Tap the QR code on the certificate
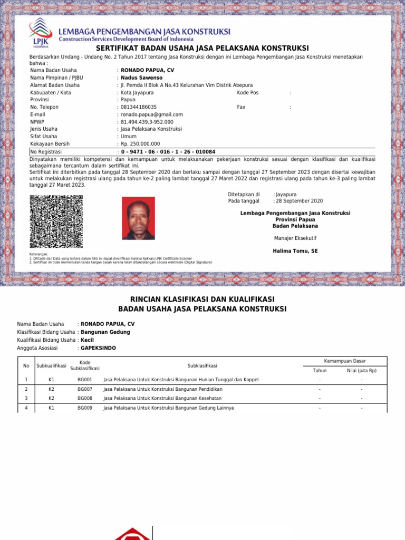(56, 221)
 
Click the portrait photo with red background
(138, 218)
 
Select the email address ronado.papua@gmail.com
(152, 114)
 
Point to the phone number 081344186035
(139, 107)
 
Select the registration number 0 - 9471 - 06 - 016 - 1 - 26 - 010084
(168, 151)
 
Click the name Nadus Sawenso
(142, 78)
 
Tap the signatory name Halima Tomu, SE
(295, 251)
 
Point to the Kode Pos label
(248, 92)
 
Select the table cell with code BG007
(85, 389)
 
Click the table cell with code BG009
(85, 408)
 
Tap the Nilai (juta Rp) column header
(361, 370)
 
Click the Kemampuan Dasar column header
(345, 361)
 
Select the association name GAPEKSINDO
(98, 348)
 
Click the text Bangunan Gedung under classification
(105, 332)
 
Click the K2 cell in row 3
(51, 398)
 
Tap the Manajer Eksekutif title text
(295, 238)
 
